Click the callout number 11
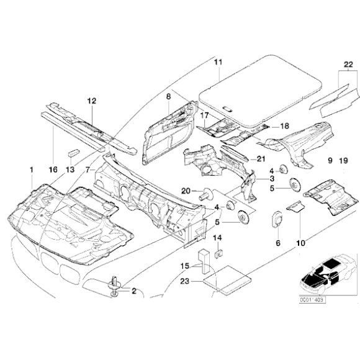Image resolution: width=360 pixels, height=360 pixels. [217, 61]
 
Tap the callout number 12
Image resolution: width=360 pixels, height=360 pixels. [91, 100]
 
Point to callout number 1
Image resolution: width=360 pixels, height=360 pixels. [32, 169]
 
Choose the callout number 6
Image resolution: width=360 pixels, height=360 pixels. [278, 243]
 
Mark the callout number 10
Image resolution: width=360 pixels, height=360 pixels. [300, 243]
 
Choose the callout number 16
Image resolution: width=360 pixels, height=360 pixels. [52, 169]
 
